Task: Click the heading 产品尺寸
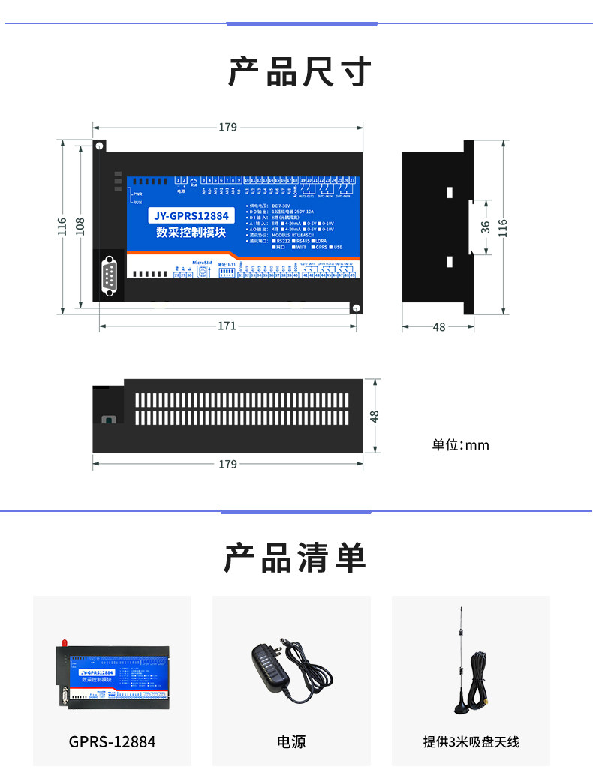pyautogui.click(x=300, y=72)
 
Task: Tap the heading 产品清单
pyautogui.click(x=296, y=558)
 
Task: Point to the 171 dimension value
pyautogui.click(x=227, y=326)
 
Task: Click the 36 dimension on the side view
pyautogui.click(x=485, y=226)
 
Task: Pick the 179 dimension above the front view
pyautogui.click(x=227, y=127)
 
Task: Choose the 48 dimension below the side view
pyautogui.click(x=439, y=326)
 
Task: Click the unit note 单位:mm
pyautogui.click(x=460, y=445)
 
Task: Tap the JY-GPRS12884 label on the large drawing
pyautogui.click(x=191, y=216)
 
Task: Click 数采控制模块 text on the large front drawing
pyautogui.click(x=191, y=233)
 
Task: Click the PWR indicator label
pyautogui.click(x=137, y=194)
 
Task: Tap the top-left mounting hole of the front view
pyautogui.click(x=98, y=146)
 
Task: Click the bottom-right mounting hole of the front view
pyautogui.click(x=358, y=307)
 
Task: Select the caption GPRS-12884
pyautogui.click(x=113, y=742)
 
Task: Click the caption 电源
pyautogui.click(x=291, y=742)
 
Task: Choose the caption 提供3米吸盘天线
pyautogui.click(x=471, y=742)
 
